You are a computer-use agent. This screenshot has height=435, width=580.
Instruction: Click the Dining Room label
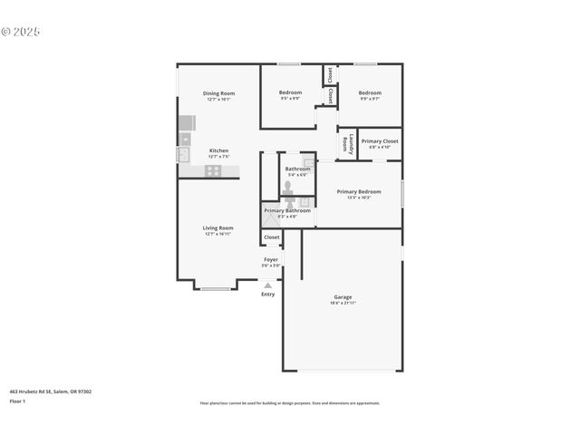pyautogui.click(x=218, y=93)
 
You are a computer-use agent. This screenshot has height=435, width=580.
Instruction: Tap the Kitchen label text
pyautogui.click(x=218, y=150)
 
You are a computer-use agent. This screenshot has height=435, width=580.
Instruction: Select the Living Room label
pyautogui.click(x=217, y=227)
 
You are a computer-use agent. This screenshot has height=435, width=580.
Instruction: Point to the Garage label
pyautogui.click(x=343, y=297)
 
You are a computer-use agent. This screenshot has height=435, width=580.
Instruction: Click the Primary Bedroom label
pyautogui.click(x=359, y=191)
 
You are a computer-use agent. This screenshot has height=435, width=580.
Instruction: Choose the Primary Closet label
pyautogui.click(x=379, y=141)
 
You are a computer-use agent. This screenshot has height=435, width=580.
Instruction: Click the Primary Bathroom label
pyautogui.click(x=286, y=211)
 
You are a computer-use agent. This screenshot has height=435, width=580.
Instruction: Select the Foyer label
pyautogui.click(x=271, y=259)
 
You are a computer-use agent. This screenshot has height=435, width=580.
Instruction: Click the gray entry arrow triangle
pyautogui.click(x=267, y=285)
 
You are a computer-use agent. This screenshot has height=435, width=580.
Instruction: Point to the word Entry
pyautogui.click(x=267, y=295)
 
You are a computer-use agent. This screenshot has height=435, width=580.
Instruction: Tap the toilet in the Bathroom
pyautogui.click(x=287, y=186)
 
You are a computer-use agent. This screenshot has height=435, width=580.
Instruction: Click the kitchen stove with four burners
pyautogui.click(x=213, y=169)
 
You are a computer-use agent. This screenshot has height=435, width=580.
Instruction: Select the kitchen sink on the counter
pyautogui.click(x=185, y=140)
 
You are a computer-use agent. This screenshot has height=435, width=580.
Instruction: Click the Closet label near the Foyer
pyautogui.click(x=272, y=237)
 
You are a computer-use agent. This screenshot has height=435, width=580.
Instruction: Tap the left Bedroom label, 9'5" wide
pyautogui.click(x=290, y=92)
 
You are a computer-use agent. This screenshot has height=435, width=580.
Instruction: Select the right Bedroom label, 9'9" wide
pyautogui.click(x=370, y=92)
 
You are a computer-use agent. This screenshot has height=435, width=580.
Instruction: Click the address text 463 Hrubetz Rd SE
pyautogui.click(x=50, y=391)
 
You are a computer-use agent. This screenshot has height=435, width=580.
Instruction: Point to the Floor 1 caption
pyautogui.click(x=16, y=401)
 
